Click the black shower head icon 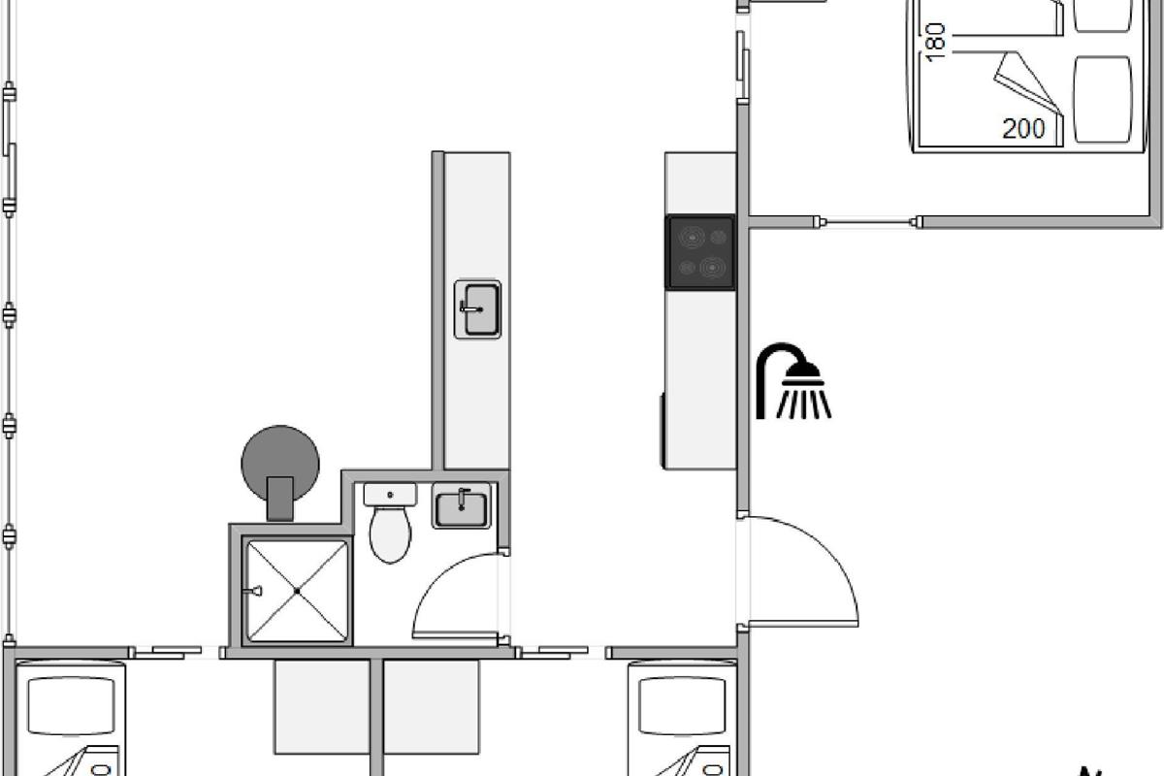793,380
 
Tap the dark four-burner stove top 700,252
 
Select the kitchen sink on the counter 477,309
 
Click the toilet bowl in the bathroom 390,534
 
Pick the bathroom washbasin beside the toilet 462,505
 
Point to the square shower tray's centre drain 297,591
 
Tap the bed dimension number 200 1023,128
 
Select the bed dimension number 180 935,42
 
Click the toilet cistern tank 390,495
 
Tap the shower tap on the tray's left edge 254,591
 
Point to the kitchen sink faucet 470,308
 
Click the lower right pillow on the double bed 1103,99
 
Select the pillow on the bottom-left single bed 71,705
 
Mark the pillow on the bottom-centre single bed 682,705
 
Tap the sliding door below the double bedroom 867,222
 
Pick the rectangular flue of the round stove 280,499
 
